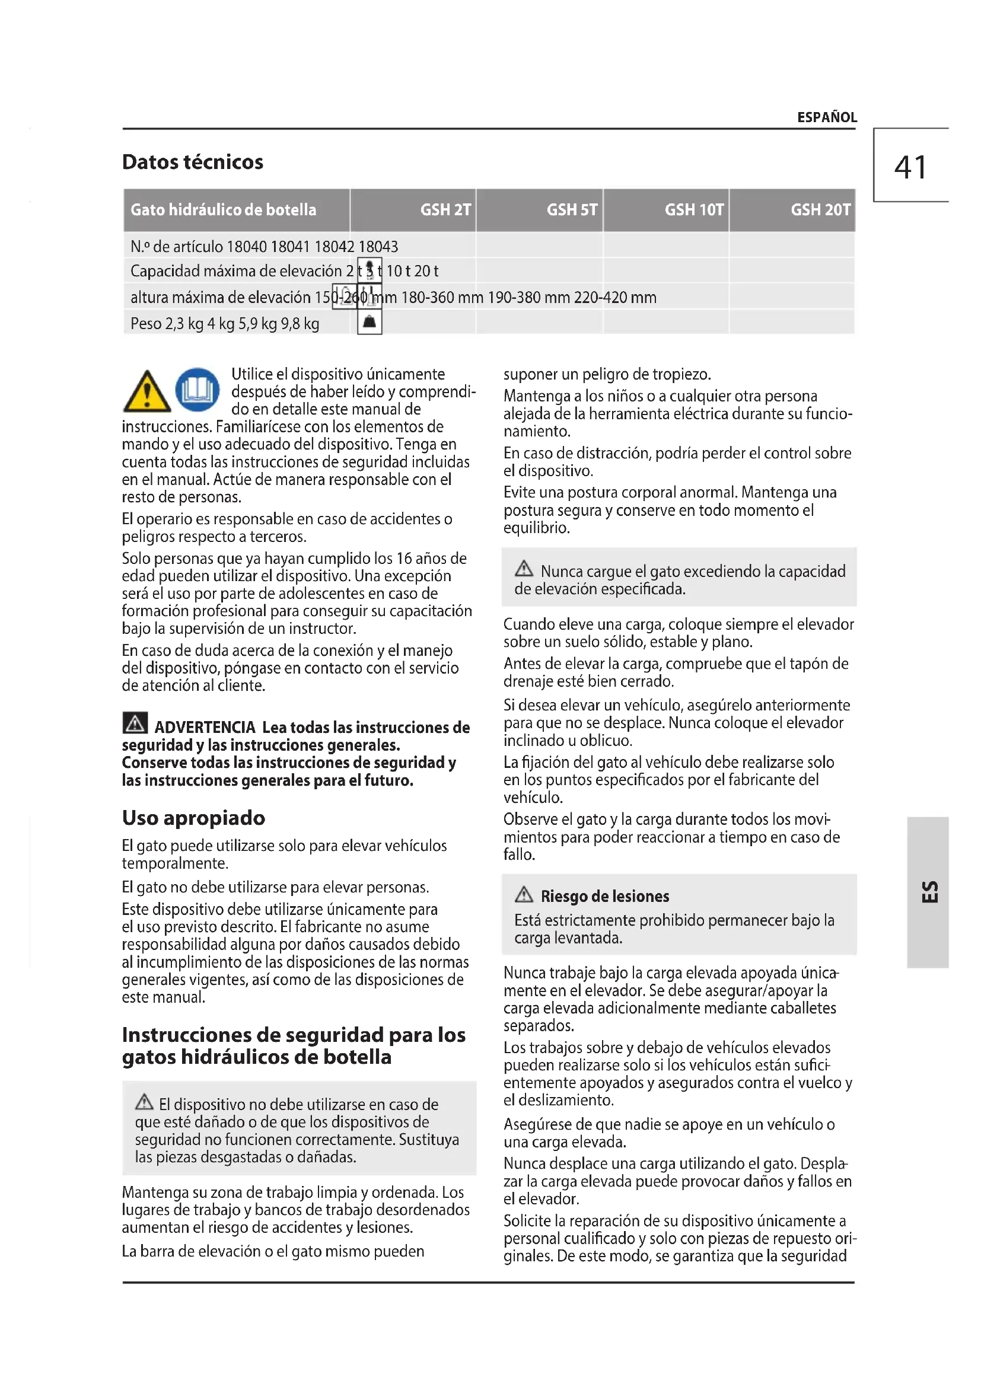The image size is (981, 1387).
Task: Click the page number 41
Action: click(910, 167)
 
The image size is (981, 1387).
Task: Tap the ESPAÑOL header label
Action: click(826, 117)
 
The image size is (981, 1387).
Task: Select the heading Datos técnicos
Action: click(193, 162)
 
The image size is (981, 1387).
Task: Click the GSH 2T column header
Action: click(445, 209)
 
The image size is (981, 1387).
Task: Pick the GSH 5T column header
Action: click(571, 209)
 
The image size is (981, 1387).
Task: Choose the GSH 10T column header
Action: click(694, 209)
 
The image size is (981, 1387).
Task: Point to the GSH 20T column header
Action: click(820, 209)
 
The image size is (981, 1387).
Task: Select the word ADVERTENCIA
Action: click(205, 728)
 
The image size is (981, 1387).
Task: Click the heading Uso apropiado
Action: click(193, 818)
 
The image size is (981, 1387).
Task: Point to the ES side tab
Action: click(929, 892)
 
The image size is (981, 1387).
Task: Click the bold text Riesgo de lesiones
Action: click(604, 897)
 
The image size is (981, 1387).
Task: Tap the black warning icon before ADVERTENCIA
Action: click(135, 723)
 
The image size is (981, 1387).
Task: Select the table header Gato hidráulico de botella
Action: click(224, 209)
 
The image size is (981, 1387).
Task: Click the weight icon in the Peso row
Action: click(370, 323)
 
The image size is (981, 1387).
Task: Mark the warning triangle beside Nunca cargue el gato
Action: click(524, 569)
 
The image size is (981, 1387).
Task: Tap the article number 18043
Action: click(378, 247)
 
